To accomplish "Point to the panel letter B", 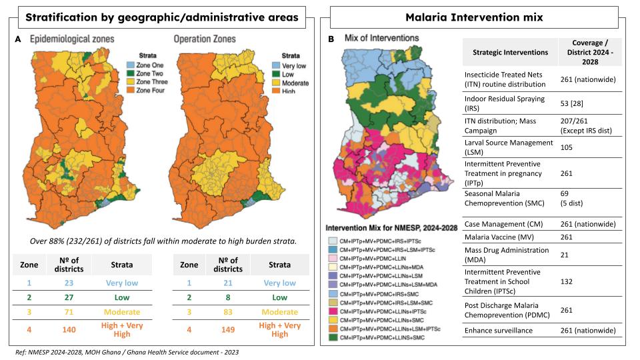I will (x=332, y=40).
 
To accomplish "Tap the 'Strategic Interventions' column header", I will (x=510, y=52).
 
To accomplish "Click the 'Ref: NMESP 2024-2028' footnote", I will (x=127, y=351).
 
